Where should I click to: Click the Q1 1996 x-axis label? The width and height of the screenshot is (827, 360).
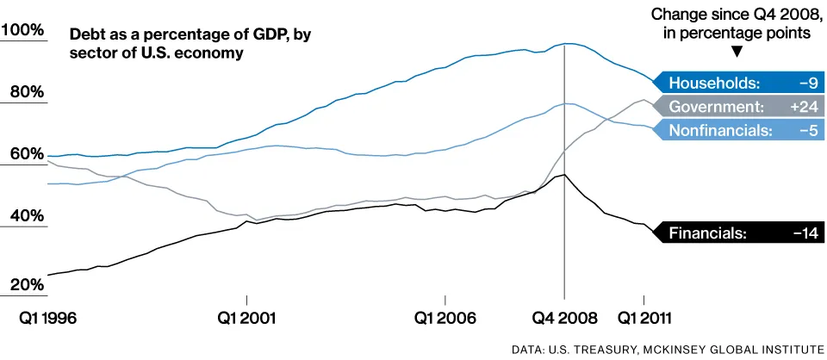click(48, 317)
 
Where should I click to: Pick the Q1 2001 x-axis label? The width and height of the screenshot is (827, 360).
click(246, 317)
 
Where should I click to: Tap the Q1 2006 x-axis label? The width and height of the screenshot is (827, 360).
click(445, 317)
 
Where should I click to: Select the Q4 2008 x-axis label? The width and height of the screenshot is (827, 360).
click(564, 317)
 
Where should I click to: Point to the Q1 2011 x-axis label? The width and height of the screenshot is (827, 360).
click(644, 317)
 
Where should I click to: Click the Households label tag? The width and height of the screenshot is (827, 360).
click(715, 83)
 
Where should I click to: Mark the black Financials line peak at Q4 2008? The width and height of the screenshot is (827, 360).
click(563, 175)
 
